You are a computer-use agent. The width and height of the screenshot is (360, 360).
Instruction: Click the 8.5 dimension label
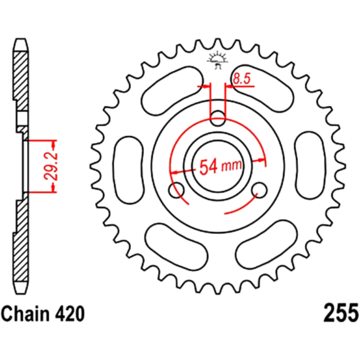241,79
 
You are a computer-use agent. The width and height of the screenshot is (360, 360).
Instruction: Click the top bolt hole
218,118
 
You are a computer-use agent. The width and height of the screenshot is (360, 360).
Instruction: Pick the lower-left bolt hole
176,190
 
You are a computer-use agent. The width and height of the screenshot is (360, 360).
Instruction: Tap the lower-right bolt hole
260,190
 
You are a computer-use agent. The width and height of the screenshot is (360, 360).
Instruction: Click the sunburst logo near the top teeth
218,60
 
